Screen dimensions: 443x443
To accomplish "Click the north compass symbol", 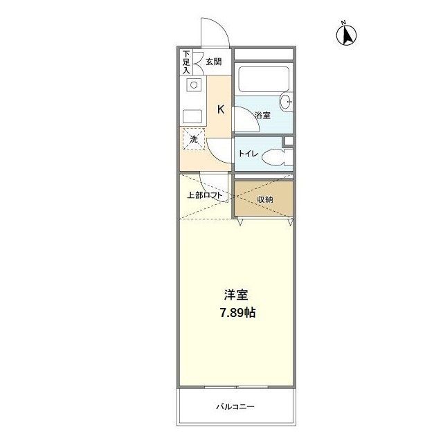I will [x=345, y=34].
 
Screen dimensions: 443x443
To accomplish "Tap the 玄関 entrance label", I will [x=214, y=62].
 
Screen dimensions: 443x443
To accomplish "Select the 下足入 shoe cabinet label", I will [x=186, y=62].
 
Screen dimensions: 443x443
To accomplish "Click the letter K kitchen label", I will [x=221, y=109].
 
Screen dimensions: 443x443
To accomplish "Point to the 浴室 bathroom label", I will [x=262, y=115].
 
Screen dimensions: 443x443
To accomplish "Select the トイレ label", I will [x=248, y=154].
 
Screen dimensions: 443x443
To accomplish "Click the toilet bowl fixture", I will [x=275, y=156].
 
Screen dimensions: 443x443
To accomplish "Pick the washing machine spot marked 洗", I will [x=194, y=139].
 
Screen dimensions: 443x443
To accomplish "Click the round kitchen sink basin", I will [x=195, y=86].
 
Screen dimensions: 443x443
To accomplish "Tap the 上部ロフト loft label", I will [x=205, y=195].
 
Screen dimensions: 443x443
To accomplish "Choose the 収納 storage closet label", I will [x=264, y=199].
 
